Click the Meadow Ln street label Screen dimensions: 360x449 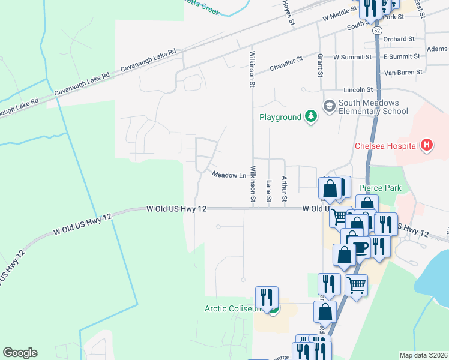click(229, 175)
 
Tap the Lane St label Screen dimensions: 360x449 click(269, 190)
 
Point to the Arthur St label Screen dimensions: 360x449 click(285, 188)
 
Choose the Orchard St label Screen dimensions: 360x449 click(399, 38)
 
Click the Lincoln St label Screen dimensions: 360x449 click(358, 89)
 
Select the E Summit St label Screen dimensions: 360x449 click(401, 56)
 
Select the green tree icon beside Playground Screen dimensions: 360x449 click(310, 116)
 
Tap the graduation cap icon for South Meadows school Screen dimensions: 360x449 click(329, 106)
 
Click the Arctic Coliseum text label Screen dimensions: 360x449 click(233, 308)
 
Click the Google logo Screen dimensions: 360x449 click(20, 353)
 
